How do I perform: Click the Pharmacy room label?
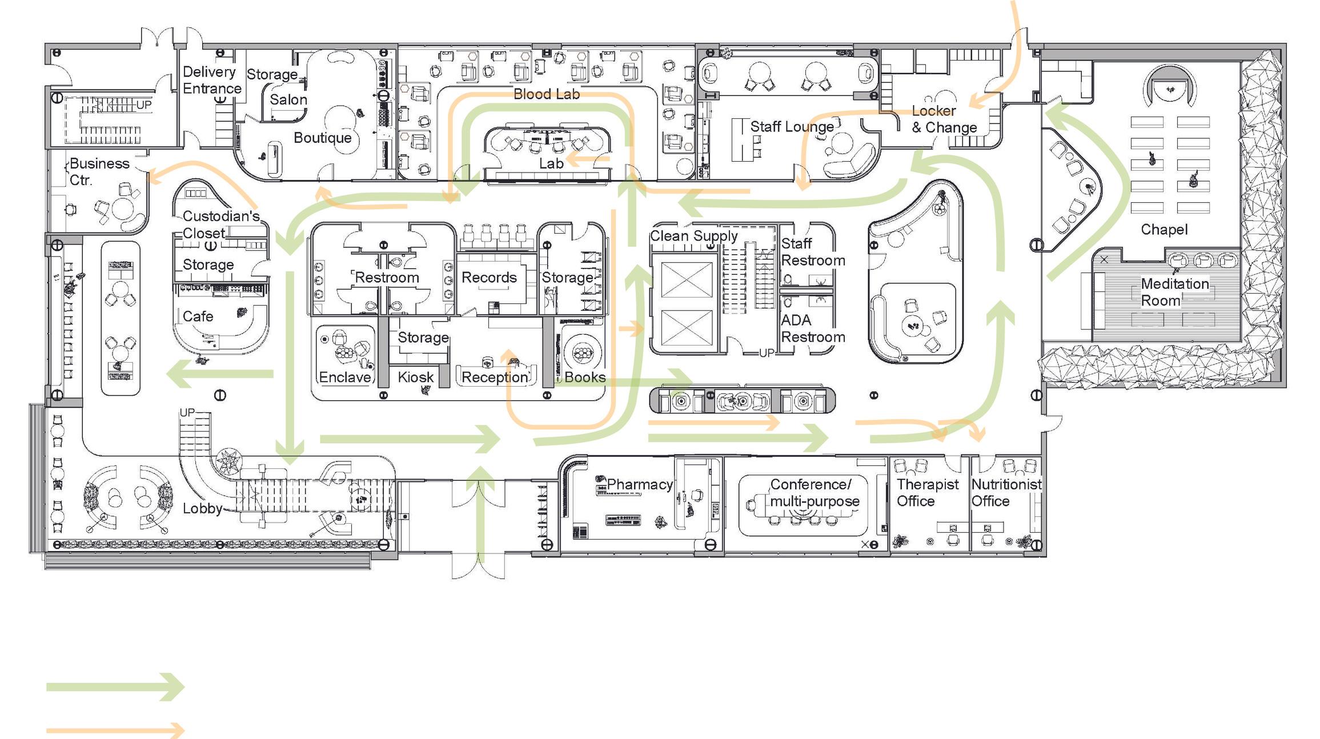[x=639, y=484]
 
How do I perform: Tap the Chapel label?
[x=1163, y=230]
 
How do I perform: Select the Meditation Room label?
[x=1174, y=292]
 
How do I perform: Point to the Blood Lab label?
[x=546, y=94]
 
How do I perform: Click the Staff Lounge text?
[x=792, y=127]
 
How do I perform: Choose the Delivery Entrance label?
[x=211, y=80]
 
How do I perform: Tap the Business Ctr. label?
[x=99, y=171]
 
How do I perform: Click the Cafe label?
[x=198, y=316]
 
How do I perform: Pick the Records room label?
[x=489, y=278]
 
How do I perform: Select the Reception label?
[x=495, y=377]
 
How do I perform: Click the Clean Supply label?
[x=693, y=235]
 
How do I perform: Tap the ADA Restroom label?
[x=812, y=328]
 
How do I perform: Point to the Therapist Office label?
[x=927, y=492]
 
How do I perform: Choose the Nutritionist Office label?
[x=1006, y=492]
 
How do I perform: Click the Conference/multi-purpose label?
[x=814, y=492]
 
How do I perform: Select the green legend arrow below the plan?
[x=114, y=686]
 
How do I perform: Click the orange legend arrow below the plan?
[x=114, y=730]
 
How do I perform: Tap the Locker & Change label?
[x=944, y=119]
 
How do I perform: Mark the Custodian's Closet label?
[x=220, y=224]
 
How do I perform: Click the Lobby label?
[x=202, y=508]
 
